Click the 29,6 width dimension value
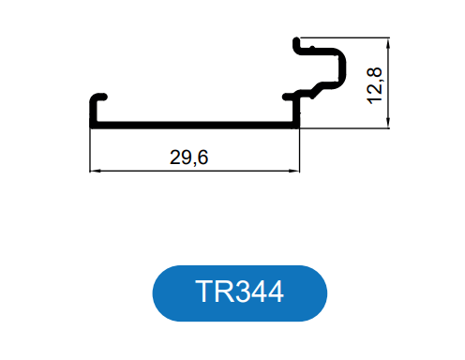(188, 157)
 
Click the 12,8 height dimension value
(374, 85)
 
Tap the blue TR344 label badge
(240, 293)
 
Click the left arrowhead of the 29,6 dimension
(95, 171)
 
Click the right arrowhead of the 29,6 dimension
(294, 171)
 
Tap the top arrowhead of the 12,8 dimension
(388, 43)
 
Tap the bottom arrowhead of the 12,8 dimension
(388, 123)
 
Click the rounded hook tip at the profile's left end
(104, 97)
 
